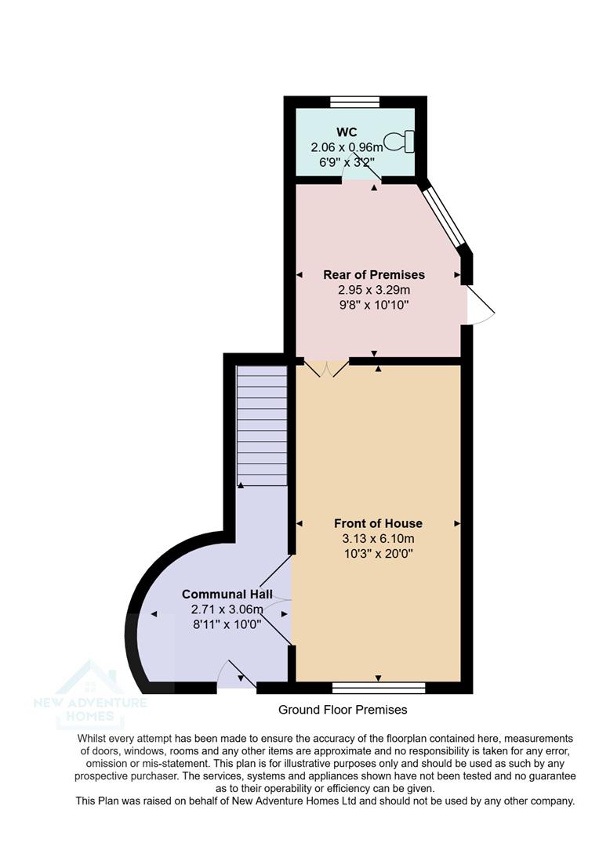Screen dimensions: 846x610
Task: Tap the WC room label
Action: (347, 132)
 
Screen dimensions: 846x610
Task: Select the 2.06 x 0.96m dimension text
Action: (347, 147)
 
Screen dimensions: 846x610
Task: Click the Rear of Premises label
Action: (374, 274)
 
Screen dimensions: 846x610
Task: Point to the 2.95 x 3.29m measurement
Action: (374, 289)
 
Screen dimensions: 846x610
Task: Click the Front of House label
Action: (378, 523)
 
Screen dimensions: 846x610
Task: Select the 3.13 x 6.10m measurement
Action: (378, 538)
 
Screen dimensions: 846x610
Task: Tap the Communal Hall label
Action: (227, 595)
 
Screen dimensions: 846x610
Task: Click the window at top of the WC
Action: (354, 101)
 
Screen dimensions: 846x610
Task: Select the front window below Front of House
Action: (379, 688)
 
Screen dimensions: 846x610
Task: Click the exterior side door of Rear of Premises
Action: (478, 305)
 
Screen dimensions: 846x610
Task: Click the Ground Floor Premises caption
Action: (343, 710)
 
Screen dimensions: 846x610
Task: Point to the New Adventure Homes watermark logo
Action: (90, 694)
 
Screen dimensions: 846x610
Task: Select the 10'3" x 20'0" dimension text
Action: (378, 553)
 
